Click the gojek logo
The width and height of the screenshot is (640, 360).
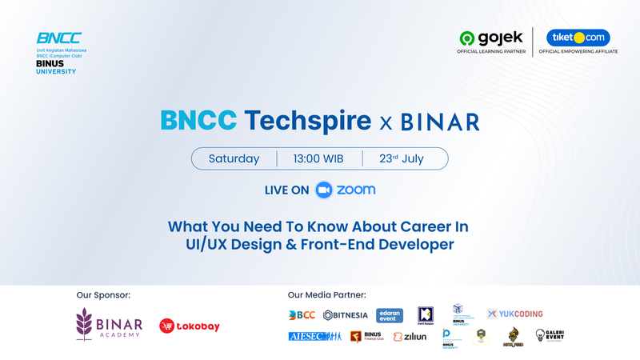(x=490, y=38)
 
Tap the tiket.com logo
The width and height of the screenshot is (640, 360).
(x=578, y=38)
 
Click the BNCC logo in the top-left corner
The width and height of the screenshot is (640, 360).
(x=59, y=38)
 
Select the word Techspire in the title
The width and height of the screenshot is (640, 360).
(x=308, y=121)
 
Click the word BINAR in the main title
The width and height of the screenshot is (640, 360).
(x=440, y=122)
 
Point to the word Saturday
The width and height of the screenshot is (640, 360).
(x=234, y=158)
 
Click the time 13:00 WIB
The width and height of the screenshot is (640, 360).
(x=319, y=158)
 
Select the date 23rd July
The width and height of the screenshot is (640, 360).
(x=402, y=158)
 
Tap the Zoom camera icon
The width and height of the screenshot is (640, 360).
(x=323, y=190)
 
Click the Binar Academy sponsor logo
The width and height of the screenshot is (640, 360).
(x=109, y=325)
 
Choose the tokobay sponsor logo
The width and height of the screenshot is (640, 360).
(x=190, y=326)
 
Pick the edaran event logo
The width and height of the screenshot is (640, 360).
(x=390, y=315)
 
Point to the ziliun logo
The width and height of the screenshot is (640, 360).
(x=410, y=337)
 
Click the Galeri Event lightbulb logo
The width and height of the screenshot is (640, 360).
(x=550, y=336)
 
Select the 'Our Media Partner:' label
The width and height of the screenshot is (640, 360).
(x=326, y=295)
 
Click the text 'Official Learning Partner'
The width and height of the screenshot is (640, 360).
(x=490, y=51)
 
